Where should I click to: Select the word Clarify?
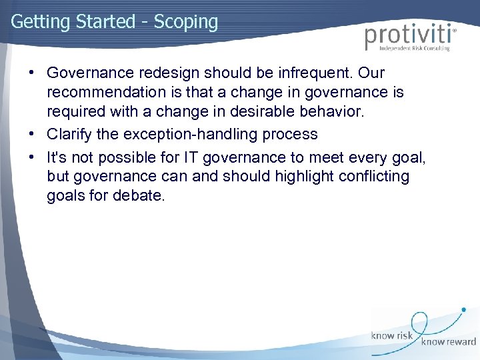point(68,134)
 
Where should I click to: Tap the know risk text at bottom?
point(393,336)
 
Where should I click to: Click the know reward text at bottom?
point(448,342)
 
